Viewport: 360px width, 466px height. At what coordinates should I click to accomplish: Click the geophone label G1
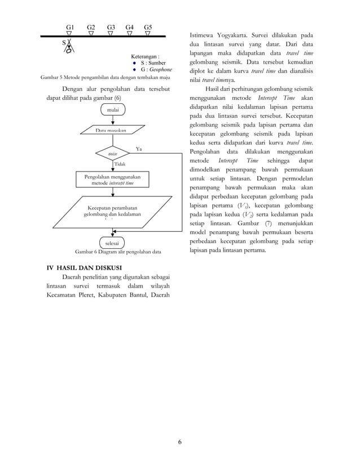pyautogui.click(x=70, y=27)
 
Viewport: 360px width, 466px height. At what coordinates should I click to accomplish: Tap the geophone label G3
pyautogui.click(x=111, y=27)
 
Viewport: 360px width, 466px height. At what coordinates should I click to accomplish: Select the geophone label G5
pyautogui.click(x=148, y=27)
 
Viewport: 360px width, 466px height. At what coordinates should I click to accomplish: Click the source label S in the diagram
pyautogui.click(x=64, y=42)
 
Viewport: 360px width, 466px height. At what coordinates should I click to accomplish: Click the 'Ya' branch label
pyautogui.click(x=139, y=148)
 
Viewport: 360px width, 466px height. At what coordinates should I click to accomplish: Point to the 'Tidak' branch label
pyautogui.click(x=120, y=164)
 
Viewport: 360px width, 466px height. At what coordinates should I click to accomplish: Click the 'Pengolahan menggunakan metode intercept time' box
pyautogui.click(x=113, y=180)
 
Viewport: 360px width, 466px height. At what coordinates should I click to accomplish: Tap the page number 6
pyautogui.click(x=179, y=441)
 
